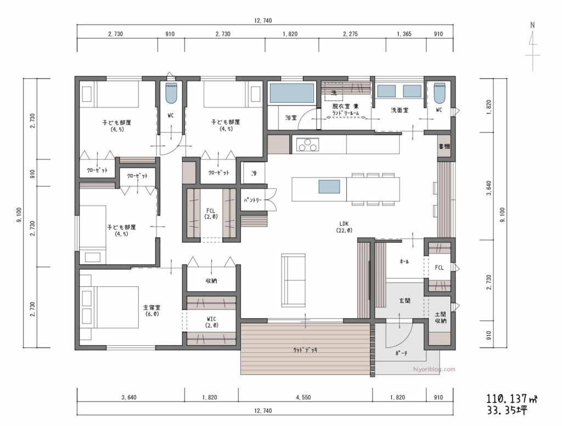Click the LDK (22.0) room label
tap(345, 226)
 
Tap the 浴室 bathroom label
tap(291, 118)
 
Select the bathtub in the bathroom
tap(291, 93)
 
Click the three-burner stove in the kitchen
tap(307, 145)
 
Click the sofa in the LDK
tap(294, 280)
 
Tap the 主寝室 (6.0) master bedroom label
tap(152, 311)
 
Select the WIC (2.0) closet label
tap(212, 322)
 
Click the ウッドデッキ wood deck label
tap(306, 349)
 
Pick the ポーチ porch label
tap(401, 354)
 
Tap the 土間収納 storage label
tap(440, 317)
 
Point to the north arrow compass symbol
tap(532, 47)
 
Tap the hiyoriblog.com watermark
tap(433, 369)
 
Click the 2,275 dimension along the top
tap(350, 34)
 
